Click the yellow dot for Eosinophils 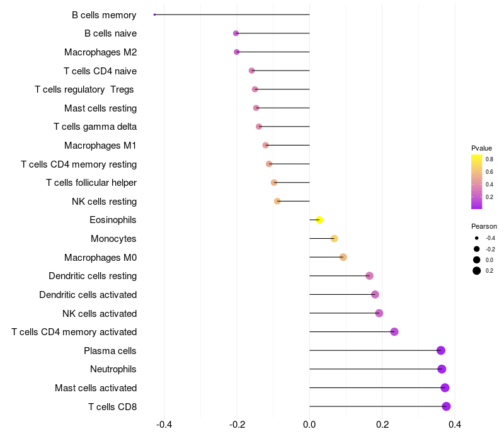click(x=319, y=220)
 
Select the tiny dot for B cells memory click(x=154, y=14)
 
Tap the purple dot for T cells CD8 click(x=446, y=406)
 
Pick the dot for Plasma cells click(x=441, y=350)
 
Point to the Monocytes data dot click(x=335, y=239)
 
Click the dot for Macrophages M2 click(x=237, y=52)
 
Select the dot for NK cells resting click(x=277, y=201)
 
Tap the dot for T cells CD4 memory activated click(x=394, y=332)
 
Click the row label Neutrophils click(x=113, y=369)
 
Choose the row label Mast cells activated click(x=96, y=388)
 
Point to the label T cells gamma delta click(x=95, y=127)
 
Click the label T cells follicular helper click(x=91, y=183)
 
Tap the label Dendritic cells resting click(x=93, y=276)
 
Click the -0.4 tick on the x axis click(x=164, y=425)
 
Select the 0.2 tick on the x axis click(x=382, y=425)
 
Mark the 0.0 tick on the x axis click(x=309, y=425)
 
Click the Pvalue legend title click(x=481, y=148)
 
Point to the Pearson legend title click(x=484, y=226)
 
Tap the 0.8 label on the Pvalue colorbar click(x=490, y=159)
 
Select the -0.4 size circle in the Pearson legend click(x=477, y=238)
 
